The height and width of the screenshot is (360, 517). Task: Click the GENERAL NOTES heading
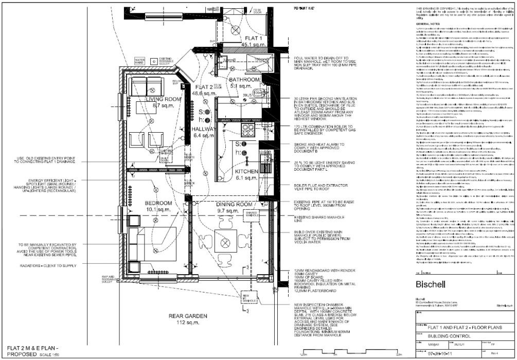[x=430, y=24]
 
